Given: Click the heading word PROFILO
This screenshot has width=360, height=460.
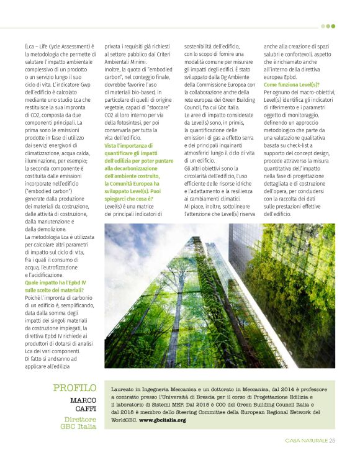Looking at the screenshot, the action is point(74,388).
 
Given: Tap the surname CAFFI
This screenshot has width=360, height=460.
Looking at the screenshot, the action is point(85,410).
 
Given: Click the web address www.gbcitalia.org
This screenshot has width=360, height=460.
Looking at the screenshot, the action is point(162,420).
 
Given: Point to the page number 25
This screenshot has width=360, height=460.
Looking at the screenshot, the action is point(332,441).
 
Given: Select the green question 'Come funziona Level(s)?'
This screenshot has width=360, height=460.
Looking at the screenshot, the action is point(292,84).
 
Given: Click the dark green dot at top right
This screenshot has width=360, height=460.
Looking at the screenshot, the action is point(333,26).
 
